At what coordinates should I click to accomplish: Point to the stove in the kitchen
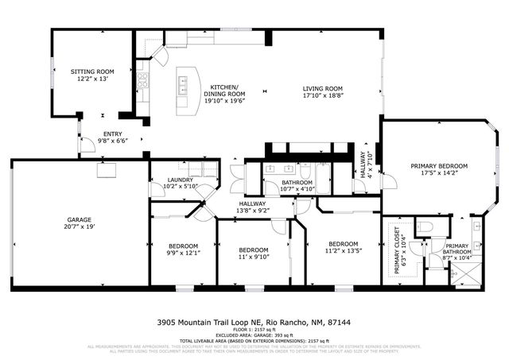[142, 79]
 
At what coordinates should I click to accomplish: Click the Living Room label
[322, 88]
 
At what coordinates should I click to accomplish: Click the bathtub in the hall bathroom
[322, 173]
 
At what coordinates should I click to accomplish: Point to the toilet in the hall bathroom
[305, 171]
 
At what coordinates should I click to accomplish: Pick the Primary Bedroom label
[439, 166]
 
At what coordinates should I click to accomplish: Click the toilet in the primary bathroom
[425, 228]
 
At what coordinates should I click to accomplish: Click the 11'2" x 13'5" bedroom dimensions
[343, 250]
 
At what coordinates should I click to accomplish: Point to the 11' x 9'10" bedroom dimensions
[254, 257]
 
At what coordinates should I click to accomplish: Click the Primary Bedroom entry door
[389, 181]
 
